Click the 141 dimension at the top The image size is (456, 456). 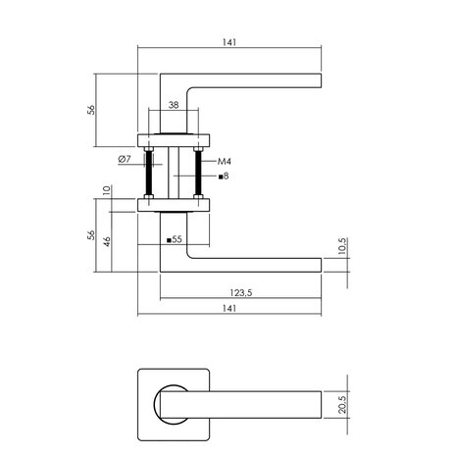click(x=230, y=42)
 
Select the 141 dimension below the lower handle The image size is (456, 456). click(x=229, y=308)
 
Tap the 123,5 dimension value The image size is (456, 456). click(x=240, y=291)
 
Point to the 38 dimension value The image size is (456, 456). click(x=173, y=103)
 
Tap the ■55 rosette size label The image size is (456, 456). click(x=174, y=239)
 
